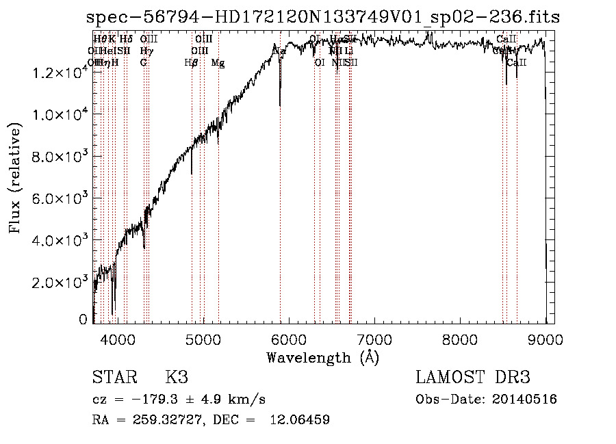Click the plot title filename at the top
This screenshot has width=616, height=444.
[x=323, y=18]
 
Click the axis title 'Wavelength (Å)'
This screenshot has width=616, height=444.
[x=322, y=357]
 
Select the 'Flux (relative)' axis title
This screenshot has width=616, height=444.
[x=16, y=178]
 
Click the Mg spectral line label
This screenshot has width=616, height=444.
[x=218, y=63]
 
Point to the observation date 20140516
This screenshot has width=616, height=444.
[x=524, y=400]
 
